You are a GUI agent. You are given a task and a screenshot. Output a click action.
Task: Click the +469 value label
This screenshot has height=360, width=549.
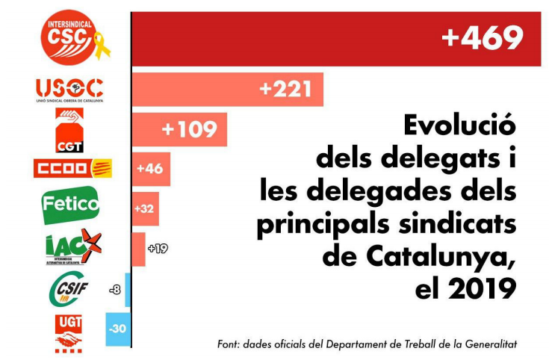click(482, 39)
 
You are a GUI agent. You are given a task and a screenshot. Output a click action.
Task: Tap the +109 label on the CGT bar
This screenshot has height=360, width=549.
click(189, 129)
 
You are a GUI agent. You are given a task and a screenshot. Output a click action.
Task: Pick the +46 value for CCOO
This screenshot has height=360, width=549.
click(149, 169)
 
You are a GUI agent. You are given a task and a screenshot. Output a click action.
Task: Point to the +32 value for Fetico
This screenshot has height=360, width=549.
click(144, 208)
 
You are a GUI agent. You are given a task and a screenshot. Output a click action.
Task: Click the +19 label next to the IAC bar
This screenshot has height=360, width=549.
click(158, 248)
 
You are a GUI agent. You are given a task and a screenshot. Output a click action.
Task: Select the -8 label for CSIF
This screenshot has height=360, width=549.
click(116, 289)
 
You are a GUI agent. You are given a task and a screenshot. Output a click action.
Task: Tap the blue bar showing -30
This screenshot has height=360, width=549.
click(118, 329)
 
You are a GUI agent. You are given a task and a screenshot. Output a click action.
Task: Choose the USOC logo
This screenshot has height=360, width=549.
click(69, 90)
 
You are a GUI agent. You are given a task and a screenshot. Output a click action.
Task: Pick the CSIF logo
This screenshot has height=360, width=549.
click(69, 288)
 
